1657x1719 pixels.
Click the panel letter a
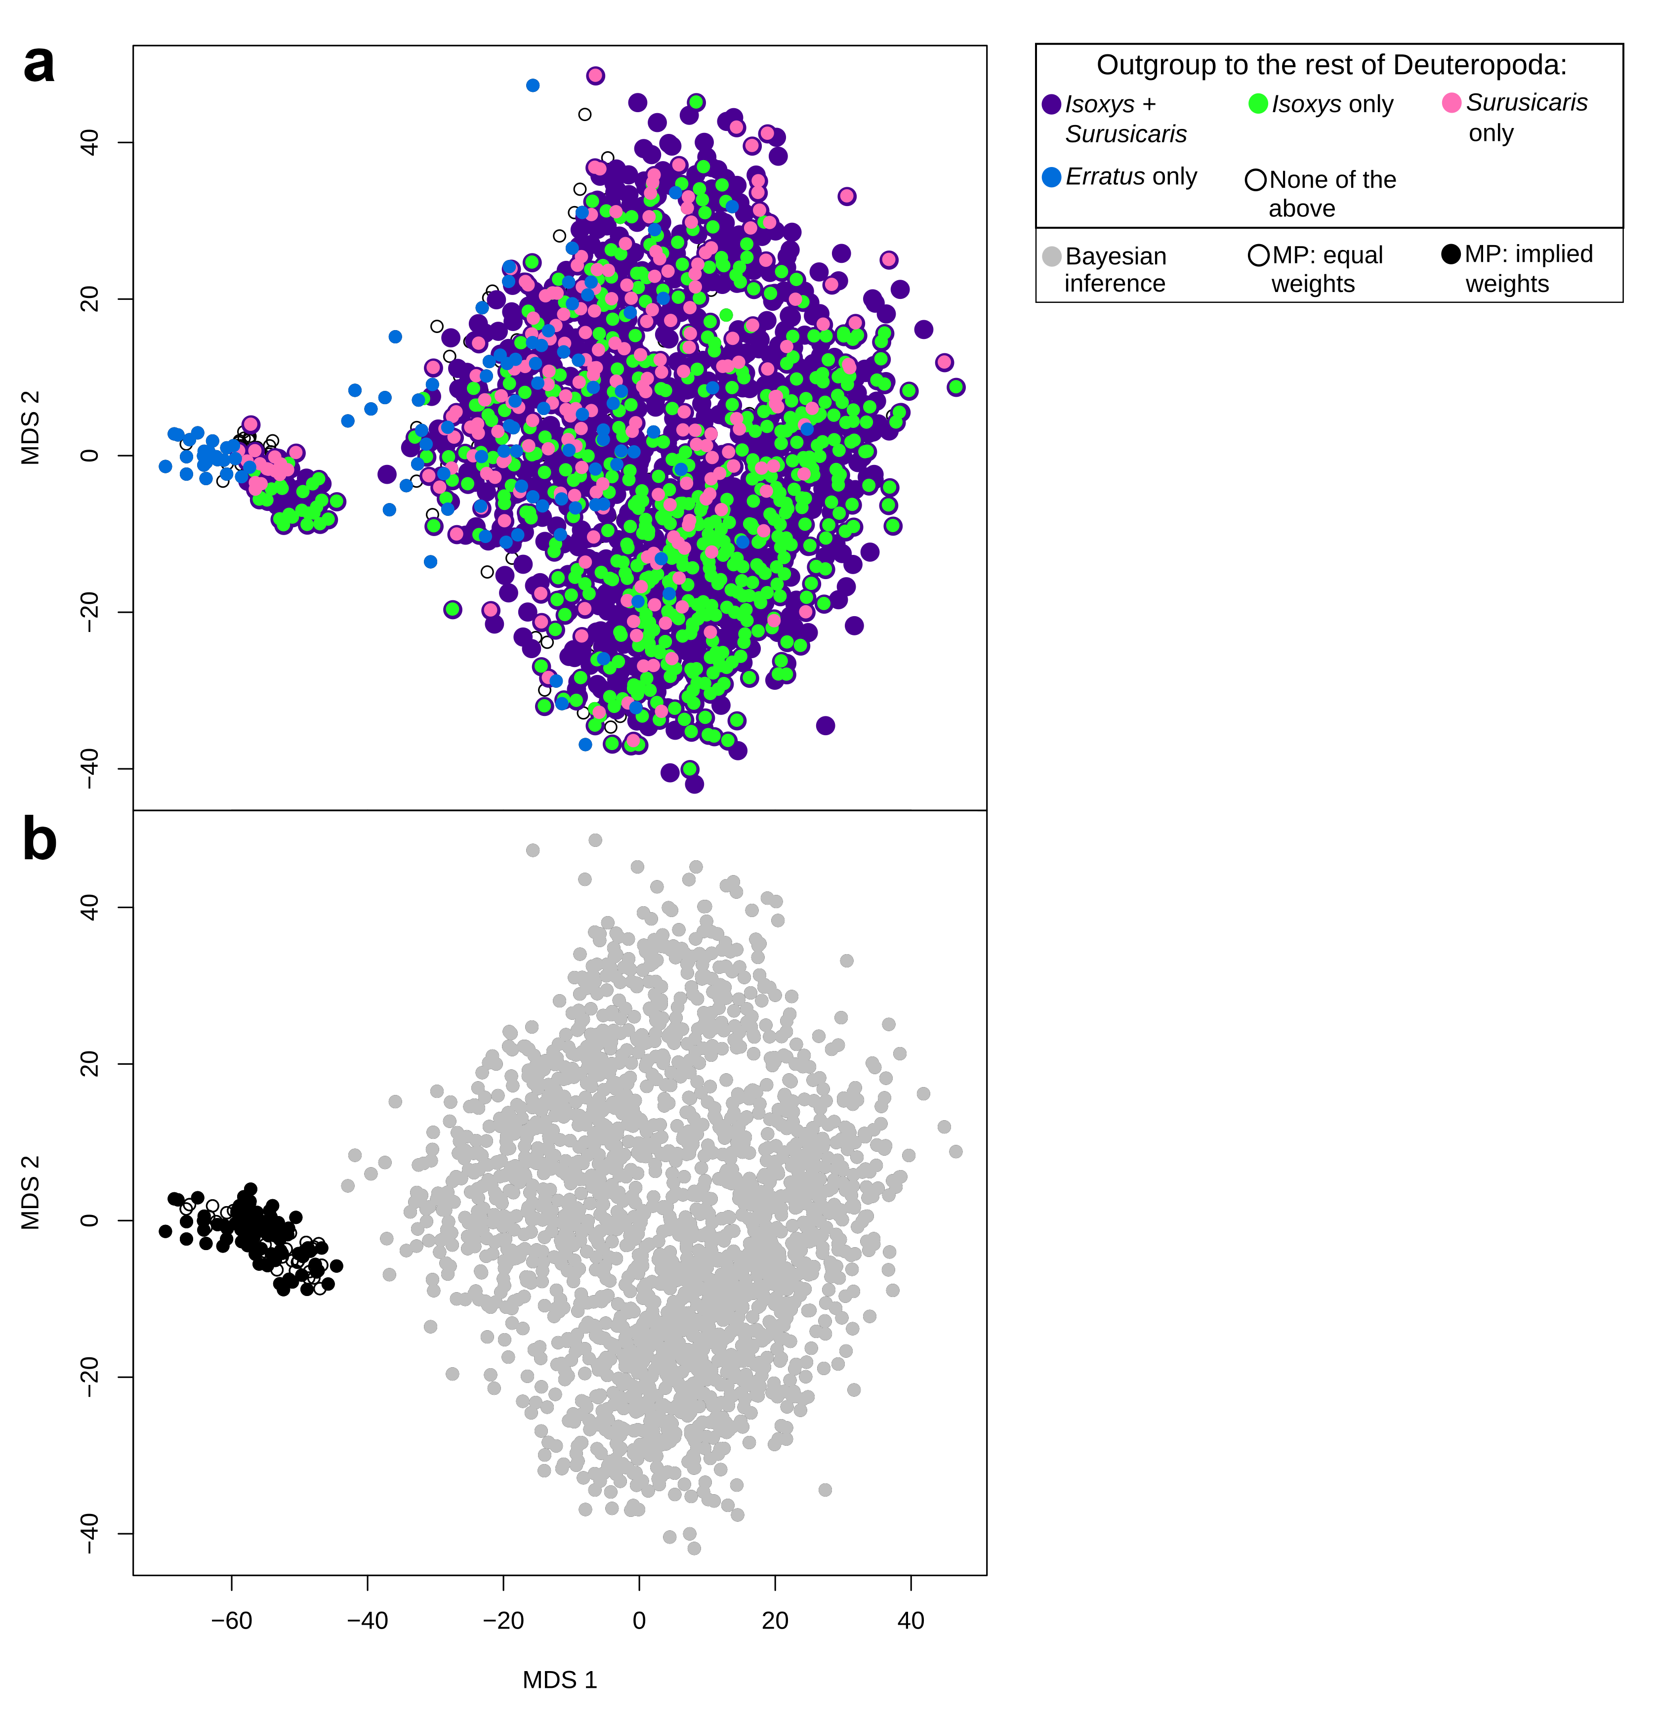tap(39, 65)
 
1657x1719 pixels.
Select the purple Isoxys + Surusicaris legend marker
tap(1051, 104)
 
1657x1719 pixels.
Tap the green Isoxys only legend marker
tap(1258, 103)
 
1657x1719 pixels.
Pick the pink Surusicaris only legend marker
tap(1452, 103)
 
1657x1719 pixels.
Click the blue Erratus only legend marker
tap(1051, 177)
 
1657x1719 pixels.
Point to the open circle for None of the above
tap(1255, 180)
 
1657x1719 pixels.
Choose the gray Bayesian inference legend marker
tap(1051, 256)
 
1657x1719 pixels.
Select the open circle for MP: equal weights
tap(1258, 255)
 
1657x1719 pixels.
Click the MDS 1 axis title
tap(559, 1679)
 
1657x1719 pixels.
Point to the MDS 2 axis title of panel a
tap(31, 427)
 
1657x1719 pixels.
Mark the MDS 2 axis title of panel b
tap(31, 1193)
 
